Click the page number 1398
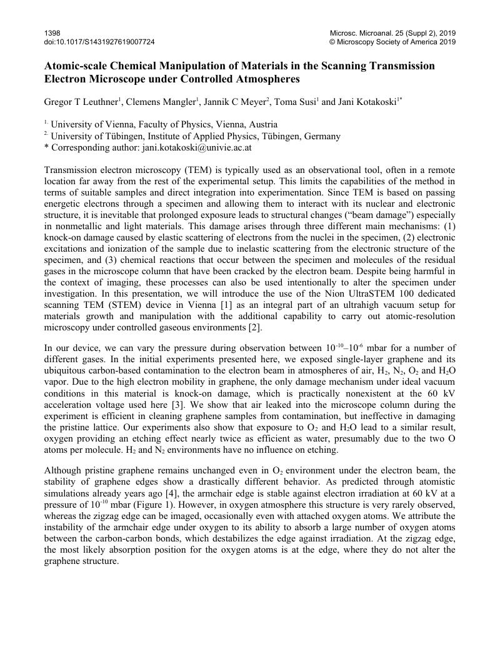52,32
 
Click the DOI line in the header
99,42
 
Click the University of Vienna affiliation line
164,124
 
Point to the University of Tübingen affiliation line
195,136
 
